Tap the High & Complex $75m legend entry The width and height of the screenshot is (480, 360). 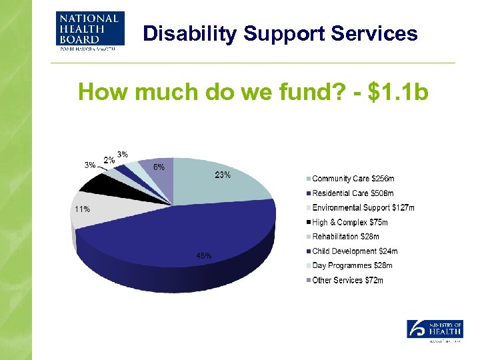coord(350,222)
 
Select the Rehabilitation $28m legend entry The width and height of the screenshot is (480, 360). coord(346,237)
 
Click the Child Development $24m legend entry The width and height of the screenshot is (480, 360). coord(355,251)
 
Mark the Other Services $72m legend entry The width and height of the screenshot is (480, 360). coord(348,281)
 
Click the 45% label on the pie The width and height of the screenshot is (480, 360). coord(204,255)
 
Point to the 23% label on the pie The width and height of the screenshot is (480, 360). coord(223,175)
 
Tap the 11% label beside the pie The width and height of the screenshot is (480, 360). coord(81,209)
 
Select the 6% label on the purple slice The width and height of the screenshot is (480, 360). coord(160,167)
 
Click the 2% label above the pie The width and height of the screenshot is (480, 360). coord(109,160)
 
